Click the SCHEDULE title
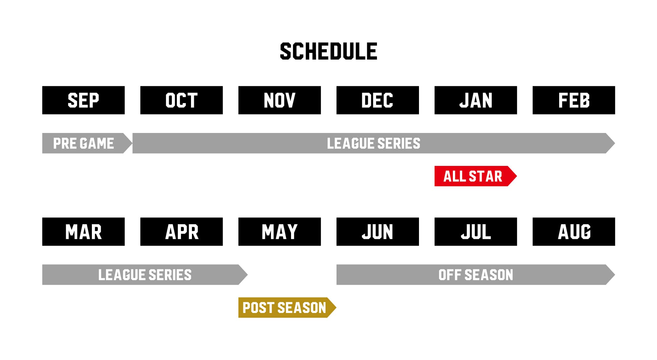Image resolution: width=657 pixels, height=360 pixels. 328,51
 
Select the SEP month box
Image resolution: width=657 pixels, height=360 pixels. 83,100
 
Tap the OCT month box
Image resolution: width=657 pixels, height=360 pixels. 182,100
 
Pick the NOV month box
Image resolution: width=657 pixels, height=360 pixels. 279,100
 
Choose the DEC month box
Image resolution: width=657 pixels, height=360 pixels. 378,100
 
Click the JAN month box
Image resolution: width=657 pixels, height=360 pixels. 476,100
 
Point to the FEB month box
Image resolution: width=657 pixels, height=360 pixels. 574,100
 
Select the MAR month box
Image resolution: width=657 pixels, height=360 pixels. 83,231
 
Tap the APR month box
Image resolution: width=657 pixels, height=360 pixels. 182,231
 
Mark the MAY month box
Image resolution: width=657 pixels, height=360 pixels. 279,231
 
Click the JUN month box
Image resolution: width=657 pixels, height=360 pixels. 378,231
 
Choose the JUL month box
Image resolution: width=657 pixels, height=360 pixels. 476,231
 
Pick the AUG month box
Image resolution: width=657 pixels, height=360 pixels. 574,231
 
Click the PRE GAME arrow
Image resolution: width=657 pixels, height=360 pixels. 87,143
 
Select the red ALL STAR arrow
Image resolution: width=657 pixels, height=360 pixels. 476,176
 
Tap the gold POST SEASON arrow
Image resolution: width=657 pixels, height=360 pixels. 287,307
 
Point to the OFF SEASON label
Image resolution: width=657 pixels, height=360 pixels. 476,275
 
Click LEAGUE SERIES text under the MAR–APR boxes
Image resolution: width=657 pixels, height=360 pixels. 145,275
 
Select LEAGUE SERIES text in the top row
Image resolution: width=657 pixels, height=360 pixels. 374,143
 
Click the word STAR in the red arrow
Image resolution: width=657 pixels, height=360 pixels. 485,176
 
